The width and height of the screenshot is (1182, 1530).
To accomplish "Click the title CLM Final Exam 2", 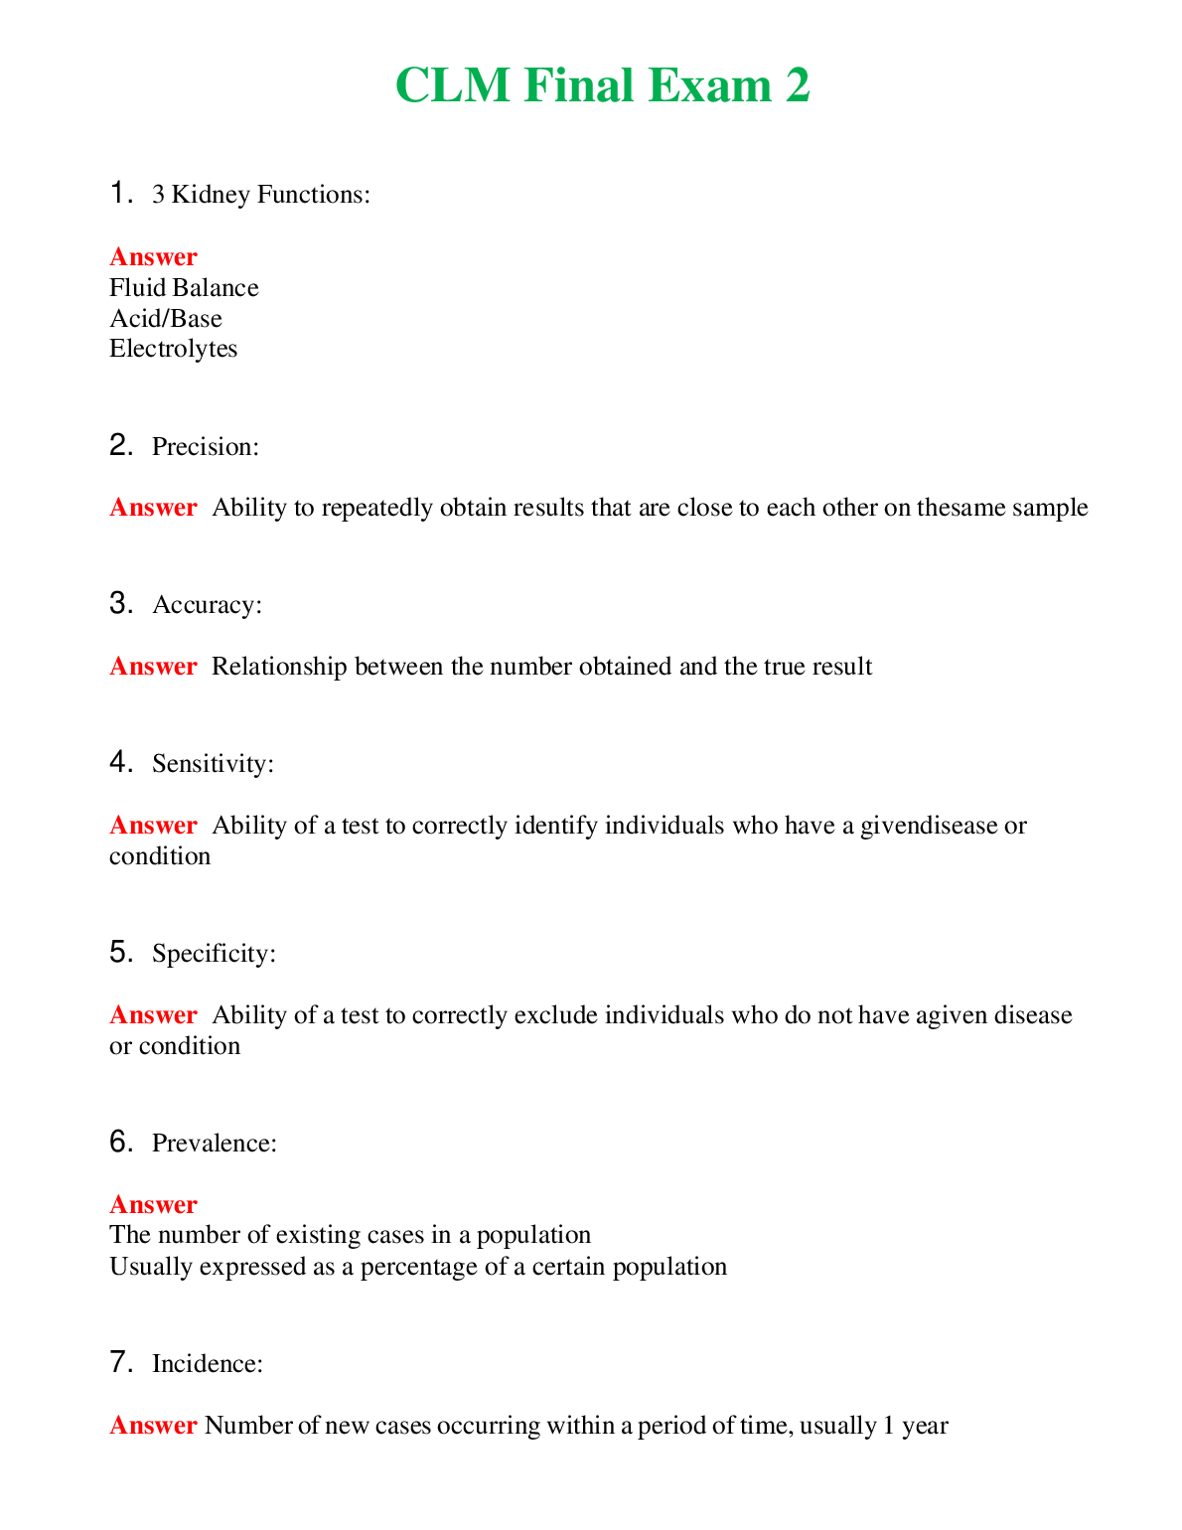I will [x=602, y=85].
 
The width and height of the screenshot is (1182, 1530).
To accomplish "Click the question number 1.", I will [x=120, y=193].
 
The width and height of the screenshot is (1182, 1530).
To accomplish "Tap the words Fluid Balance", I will [x=184, y=288].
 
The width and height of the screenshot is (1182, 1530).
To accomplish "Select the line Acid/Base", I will [x=166, y=319].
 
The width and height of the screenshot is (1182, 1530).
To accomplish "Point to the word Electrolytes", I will [x=174, y=349].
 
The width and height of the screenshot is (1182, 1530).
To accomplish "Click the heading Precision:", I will [x=206, y=447].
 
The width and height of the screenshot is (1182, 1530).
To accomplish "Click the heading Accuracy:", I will [x=208, y=605].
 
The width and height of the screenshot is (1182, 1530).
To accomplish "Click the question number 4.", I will [x=120, y=763].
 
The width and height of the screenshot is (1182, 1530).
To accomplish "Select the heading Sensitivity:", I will [x=213, y=764].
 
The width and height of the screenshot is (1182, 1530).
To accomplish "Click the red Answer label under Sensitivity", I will [x=153, y=826].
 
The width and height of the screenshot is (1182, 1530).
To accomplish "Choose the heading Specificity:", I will [x=214, y=954].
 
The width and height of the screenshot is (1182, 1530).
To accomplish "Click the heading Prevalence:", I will [x=215, y=1144].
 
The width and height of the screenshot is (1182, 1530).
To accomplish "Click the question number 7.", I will [x=120, y=1362].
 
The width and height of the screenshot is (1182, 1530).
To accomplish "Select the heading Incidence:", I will [x=208, y=1364].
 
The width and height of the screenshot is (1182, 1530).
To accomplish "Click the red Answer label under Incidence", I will [x=153, y=1426].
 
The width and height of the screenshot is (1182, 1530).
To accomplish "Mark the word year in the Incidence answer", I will [x=925, y=1427].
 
